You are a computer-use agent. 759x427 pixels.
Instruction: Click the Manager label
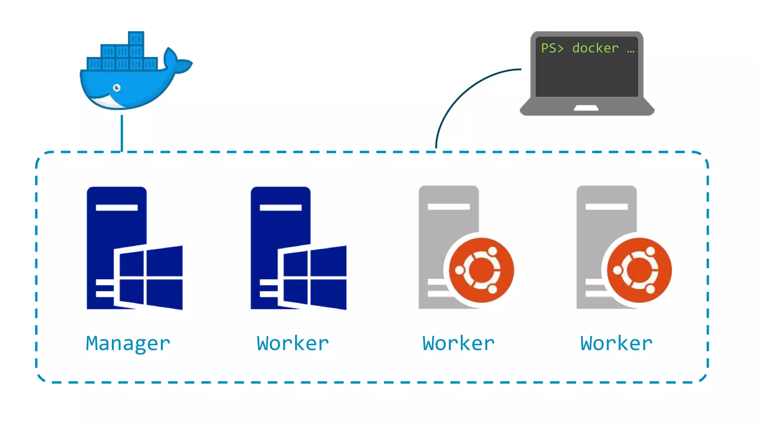[x=128, y=344]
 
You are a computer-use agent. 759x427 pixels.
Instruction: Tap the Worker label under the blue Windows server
[x=293, y=344]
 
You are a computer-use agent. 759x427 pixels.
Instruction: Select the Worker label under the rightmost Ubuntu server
[x=616, y=344]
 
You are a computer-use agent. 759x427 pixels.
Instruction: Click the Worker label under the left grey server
[x=458, y=344]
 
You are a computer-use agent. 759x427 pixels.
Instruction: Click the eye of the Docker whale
[x=117, y=88]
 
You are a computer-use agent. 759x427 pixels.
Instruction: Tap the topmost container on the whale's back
[x=136, y=39]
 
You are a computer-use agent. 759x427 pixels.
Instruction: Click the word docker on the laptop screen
[x=595, y=48]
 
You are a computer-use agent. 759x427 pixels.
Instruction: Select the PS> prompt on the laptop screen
[x=552, y=48]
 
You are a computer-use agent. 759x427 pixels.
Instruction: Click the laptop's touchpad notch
[x=586, y=108]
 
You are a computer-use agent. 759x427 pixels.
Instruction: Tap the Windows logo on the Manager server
[x=150, y=277]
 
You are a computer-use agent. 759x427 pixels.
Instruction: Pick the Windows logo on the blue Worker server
[x=314, y=277]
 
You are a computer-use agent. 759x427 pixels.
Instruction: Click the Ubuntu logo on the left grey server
[x=481, y=270]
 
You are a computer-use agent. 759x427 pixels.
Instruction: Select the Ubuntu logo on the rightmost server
[x=639, y=270]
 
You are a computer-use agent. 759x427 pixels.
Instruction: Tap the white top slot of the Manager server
[x=117, y=208]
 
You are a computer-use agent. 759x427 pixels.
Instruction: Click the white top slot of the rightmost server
[x=607, y=206]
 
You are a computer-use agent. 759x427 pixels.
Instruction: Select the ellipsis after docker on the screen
[x=630, y=51]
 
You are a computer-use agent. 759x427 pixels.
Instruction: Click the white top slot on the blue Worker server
[x=281, y=208]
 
